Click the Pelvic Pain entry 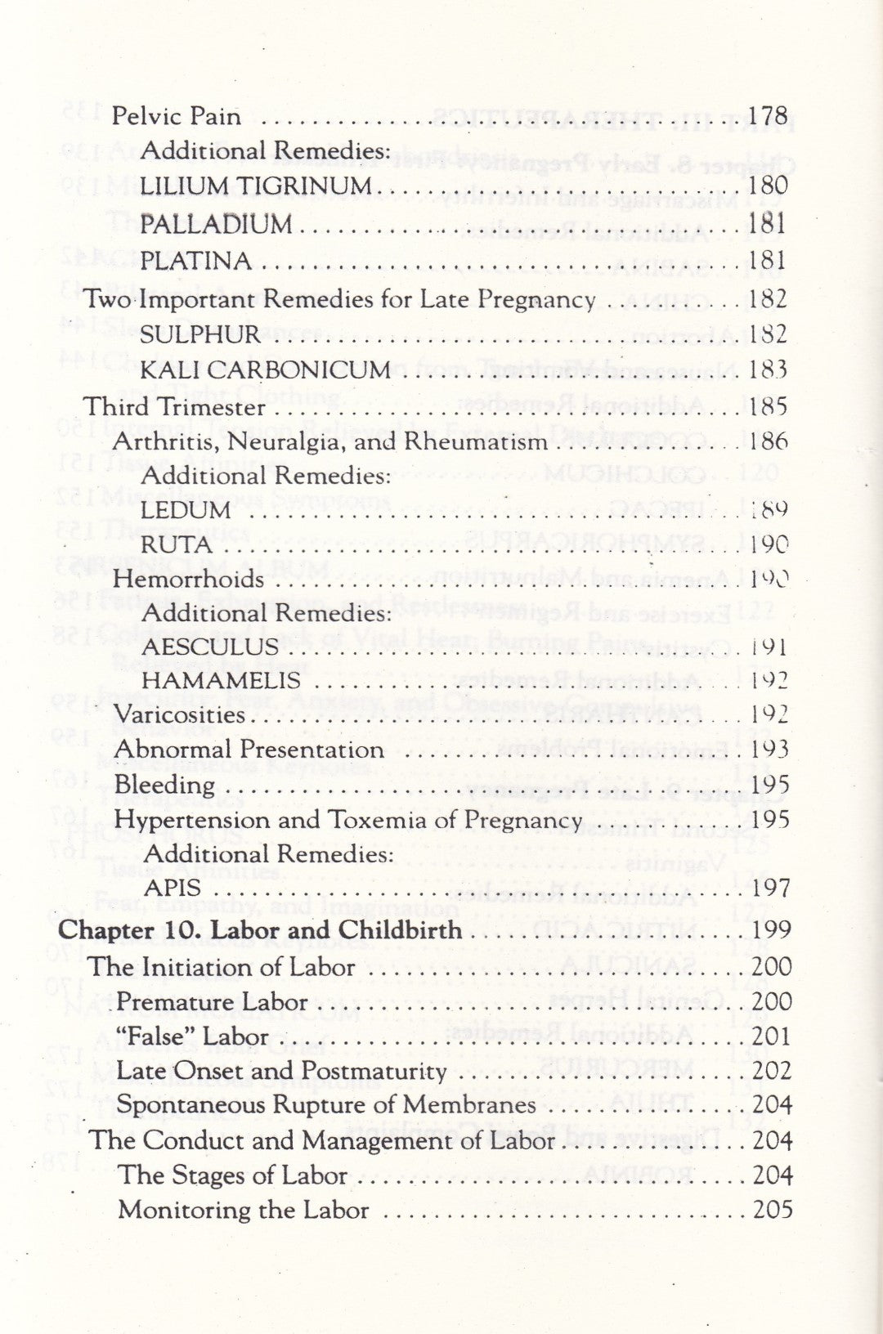177,116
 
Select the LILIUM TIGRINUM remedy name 255,186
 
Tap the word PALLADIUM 216,224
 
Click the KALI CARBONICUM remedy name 265,370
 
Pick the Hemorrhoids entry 189,580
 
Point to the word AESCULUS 209,647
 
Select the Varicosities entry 179,715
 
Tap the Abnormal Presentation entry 249,750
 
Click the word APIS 172,888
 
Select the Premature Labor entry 212,1002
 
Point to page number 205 772,1210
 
